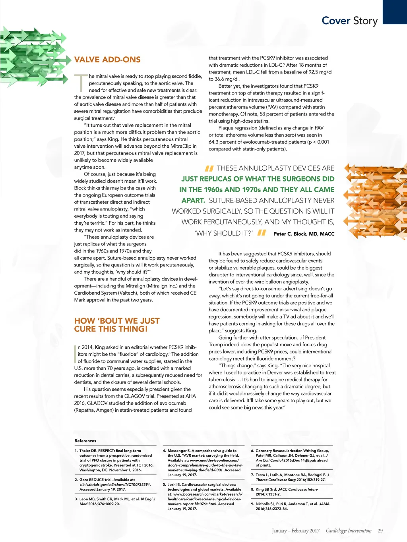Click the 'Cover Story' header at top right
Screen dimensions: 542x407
tap(349, 21)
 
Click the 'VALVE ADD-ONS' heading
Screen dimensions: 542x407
tap(107, 60)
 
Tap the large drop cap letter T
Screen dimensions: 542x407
tap(81, 83)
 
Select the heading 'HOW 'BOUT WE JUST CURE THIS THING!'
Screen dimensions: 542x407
tap(117, 325)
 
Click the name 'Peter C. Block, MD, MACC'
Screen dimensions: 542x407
tap(304, 234)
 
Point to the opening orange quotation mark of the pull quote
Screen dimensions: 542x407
tap(209, 168)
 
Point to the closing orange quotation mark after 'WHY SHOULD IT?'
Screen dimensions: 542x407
tap(262, 233)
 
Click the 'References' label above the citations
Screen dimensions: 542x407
tap(85, 441)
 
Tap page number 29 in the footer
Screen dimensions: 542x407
tap(380, 531)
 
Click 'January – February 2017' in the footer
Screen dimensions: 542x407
tap(296, 531)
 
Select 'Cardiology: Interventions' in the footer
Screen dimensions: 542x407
tap(349, 531)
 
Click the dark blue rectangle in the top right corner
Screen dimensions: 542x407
tap(395, 12)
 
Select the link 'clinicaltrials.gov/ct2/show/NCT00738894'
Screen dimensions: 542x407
tap(115, 484)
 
